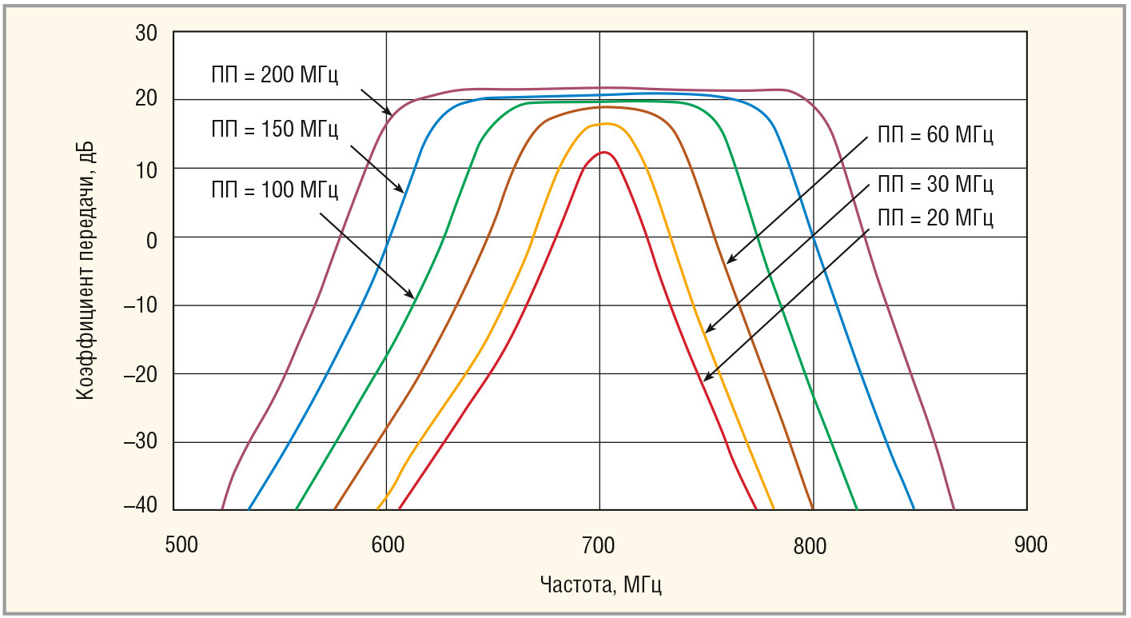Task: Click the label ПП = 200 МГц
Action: click(269, 76)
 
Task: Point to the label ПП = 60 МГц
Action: click(934, 134)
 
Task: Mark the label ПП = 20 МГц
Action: click(934, 217)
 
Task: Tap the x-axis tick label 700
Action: click(599, 545)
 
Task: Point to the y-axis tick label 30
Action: click(147, 34)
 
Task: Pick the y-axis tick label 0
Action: click(153, 237)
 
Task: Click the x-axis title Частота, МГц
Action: click(601, 584)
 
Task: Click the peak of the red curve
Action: click(603, 152)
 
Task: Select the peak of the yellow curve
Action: click(605, 123)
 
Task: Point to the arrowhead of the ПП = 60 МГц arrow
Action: click(727, 262)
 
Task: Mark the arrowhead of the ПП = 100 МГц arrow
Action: click(414, 297)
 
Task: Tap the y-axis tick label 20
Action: click(147, 100)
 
